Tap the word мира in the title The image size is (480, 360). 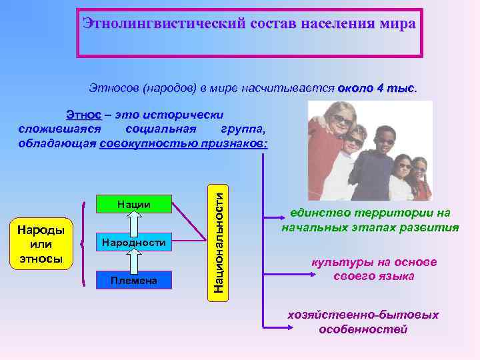pyautogui.click(x=397, y=24)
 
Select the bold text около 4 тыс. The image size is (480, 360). pyautogui.click(x=377, y=88)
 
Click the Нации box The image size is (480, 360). pyautogui.click(x=133, y=204)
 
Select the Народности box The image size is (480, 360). pyautogui.click(x=133, y=243)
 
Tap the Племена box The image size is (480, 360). pyautogui.click(x=133, y=280)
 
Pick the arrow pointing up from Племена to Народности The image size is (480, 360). pyautogui.click(x=133, y=261)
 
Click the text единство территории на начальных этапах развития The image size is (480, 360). pyautogui.click(x=370, y=220)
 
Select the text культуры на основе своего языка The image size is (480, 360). pyautogui.click(x=373, y=269)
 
